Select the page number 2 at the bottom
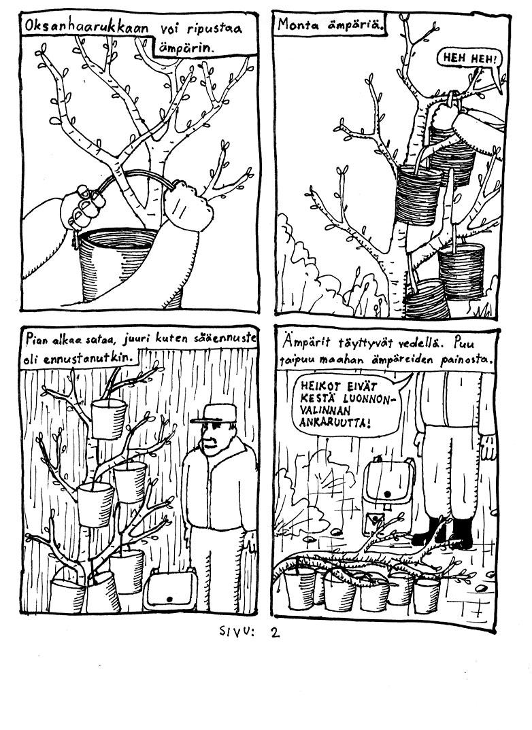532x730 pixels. click(276, 633)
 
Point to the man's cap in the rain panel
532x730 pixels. click(213, 413)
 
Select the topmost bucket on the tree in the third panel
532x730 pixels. click(109, 417)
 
